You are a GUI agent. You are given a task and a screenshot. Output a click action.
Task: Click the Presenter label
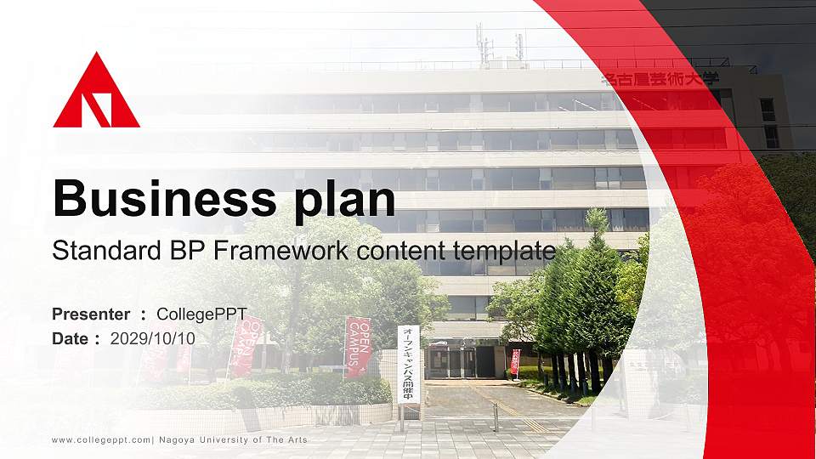click(x=91, y=314)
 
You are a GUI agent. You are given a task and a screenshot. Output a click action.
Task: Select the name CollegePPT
click(x=201, y=314)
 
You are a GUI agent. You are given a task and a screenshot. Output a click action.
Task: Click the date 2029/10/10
click(x=153, y=338)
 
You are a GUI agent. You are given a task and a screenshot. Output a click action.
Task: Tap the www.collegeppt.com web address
click(x=101, y=440)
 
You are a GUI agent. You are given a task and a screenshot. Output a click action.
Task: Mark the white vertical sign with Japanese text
click(x=408, y=364)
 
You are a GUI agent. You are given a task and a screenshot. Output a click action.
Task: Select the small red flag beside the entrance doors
click(x=515, y=361)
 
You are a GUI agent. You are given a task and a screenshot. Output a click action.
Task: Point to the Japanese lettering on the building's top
click(x=660, y=79)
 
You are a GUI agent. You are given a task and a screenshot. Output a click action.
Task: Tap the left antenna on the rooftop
click(x=482, y=42)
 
